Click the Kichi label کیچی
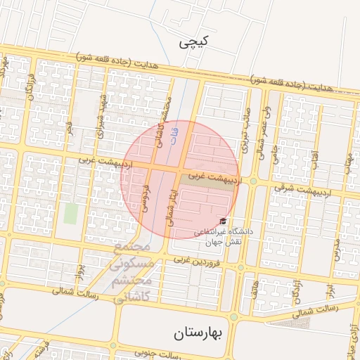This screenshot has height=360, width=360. [194, 41]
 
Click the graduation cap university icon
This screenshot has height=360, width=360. [224, 221]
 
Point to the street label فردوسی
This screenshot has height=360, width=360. [146, 199]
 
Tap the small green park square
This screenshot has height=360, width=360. [70, 213]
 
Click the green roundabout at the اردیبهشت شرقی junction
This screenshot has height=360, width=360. [253, 182]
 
